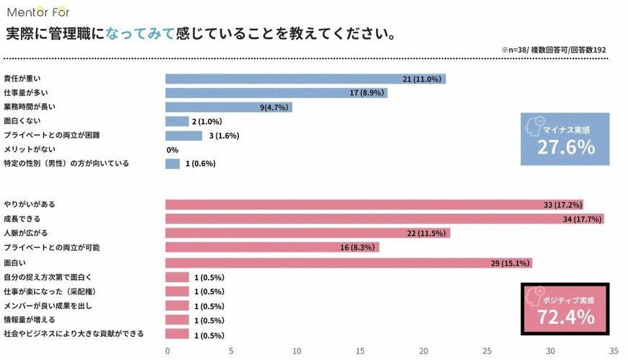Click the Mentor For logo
click(x=40, y=11)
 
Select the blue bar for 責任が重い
click(x=305, y=79)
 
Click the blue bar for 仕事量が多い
click(x=276, y=93)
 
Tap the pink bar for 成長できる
click(x=384, y=219)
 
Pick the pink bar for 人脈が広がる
click(x=307, y=233)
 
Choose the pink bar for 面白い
click(x=348, y=263)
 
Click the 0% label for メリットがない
click(x=173, y=149)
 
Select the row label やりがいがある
click(x=29, y=205)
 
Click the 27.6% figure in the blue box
click(x=565, y=148)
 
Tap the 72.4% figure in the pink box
click(x=565, y=317)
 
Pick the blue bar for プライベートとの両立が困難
click(x=183, y=136)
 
